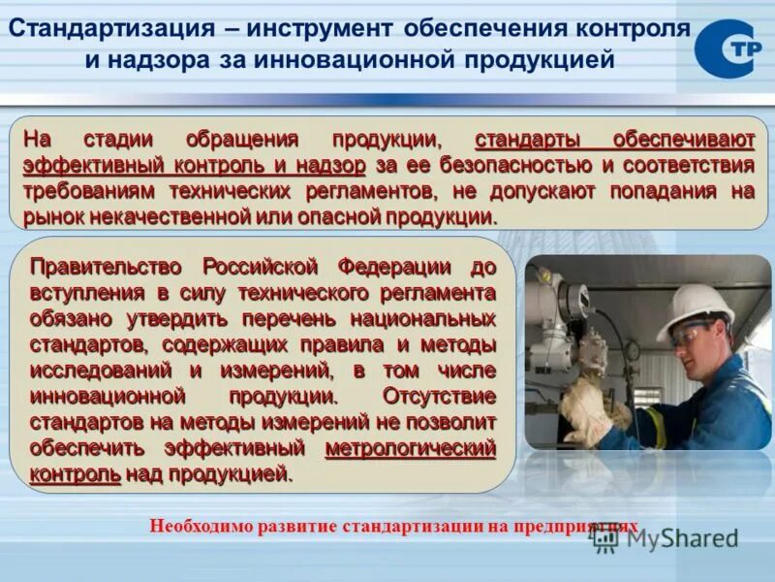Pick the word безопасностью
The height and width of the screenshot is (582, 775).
tap(514, 165)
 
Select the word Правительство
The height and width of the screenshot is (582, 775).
tap(108, 267)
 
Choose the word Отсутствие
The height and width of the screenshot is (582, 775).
tap(439, 396)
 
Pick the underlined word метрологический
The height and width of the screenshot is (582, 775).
tap(410, 448)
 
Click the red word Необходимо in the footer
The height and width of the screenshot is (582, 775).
tap(201, 527)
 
